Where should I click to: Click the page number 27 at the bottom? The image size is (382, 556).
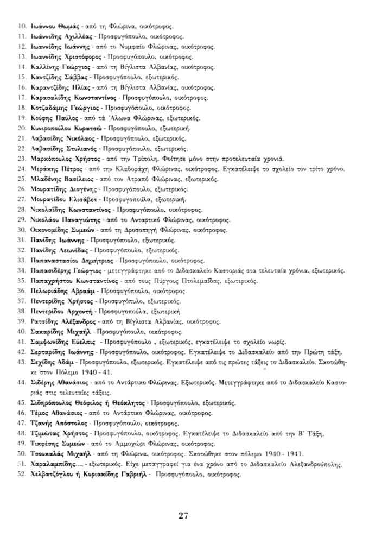(183, 516)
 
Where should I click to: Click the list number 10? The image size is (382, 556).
(22, 26)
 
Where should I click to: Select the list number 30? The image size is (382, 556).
(22, 230)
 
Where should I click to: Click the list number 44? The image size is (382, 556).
(22, 382)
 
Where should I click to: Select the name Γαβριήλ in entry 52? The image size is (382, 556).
(135, 475)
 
